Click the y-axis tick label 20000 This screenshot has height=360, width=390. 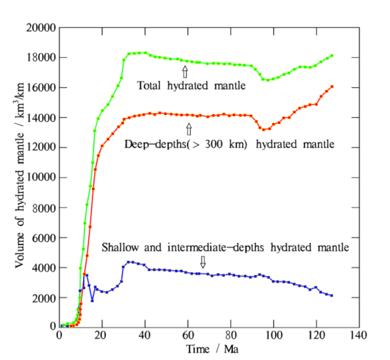(x=42, y=27)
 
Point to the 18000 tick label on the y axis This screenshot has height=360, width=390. (x=42, y=58)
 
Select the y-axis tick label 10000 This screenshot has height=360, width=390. (x=42, y=177)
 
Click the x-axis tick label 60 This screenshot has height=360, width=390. (x=188, y=334)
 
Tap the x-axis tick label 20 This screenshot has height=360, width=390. (x=102, y=334)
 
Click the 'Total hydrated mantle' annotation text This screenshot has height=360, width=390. (x=191, y=87)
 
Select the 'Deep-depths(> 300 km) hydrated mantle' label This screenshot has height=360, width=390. (x=229, y=145)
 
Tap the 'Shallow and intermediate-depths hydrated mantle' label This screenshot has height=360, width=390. (x=225, y=248)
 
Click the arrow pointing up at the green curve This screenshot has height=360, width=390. (x=184, y=72)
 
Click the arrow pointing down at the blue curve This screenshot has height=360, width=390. (x=203, y=261)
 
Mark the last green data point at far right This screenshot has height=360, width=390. (x=332, y=56)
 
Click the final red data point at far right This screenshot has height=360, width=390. (x=332, y=87)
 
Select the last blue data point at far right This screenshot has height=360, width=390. (x=332, y=296)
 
